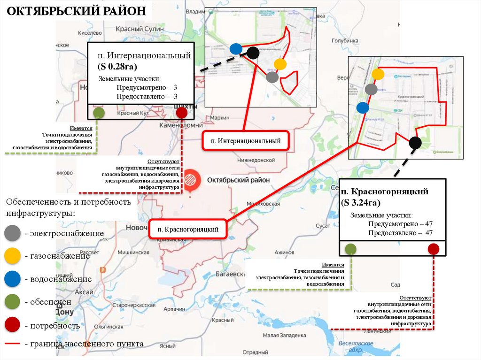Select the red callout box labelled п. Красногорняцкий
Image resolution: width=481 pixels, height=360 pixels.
point(188,230)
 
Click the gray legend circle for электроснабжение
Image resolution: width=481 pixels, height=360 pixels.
point(12,233)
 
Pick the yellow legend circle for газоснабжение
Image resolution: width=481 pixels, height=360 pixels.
point(12,256)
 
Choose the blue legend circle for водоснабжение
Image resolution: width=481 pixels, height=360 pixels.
point(12,279)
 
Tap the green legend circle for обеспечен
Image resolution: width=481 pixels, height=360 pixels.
point(12,302)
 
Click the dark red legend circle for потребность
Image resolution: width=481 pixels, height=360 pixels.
point(12,325)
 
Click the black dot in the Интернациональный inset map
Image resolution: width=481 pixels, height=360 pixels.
point(253,53)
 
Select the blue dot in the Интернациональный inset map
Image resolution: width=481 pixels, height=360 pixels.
point(236,48)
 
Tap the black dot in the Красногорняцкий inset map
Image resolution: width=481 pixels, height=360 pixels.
point(415,143)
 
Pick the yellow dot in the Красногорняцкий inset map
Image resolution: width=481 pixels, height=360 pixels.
point(378,74)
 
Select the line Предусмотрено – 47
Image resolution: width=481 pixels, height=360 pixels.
point(400,224)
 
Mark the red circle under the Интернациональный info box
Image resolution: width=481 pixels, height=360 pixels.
point(181,113)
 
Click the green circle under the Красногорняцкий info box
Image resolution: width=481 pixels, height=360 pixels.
point(350,249)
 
